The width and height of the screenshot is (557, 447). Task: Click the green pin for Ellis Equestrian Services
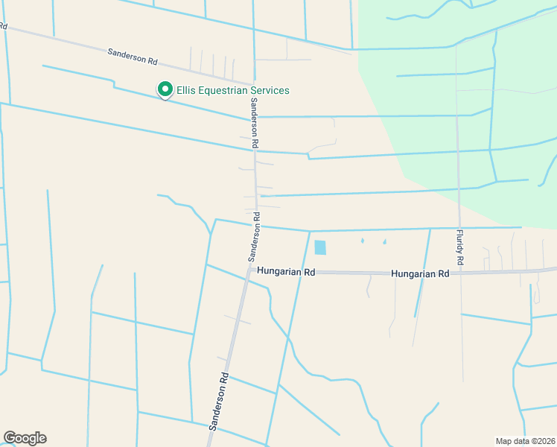point(165,89)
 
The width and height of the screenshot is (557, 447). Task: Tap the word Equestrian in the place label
point(223,90)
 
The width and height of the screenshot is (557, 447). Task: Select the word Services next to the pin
point(269,90)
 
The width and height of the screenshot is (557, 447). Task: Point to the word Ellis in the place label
point(185,90)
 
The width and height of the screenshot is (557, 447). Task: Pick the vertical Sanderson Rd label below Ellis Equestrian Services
point(254,121)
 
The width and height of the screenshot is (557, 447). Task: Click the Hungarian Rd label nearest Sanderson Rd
point(286,273)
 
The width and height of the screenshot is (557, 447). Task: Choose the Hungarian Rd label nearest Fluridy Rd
point(421,273)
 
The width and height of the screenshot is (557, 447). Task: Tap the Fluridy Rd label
point(460,248)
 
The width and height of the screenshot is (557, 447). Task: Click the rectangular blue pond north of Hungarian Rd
point(320,247)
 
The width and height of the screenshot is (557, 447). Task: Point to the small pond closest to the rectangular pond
point(362,241)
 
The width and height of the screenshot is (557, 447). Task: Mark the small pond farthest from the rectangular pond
point(384,241)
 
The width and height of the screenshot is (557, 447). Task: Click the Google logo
point(25,438)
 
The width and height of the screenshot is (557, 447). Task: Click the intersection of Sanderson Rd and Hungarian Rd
point(250,269)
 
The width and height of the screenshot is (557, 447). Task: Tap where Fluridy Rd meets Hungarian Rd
point(460,273)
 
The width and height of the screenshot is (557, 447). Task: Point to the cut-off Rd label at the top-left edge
point(3,27)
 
